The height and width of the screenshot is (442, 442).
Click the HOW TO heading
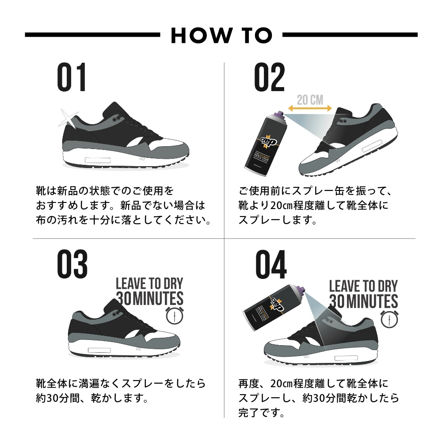(x=221, y=35)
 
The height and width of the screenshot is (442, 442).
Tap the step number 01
(x=72, y=78)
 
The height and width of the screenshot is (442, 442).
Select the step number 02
(x=269, y=78)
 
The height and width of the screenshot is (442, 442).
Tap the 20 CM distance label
(x=309, y=99)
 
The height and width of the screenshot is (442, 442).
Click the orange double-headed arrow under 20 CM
(x=309, y=108)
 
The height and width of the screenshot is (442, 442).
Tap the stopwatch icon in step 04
(x=389, y=318)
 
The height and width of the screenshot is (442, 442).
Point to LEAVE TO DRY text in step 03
(x=149, y=283)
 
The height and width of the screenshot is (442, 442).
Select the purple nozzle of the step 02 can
(x=279, y=116)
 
